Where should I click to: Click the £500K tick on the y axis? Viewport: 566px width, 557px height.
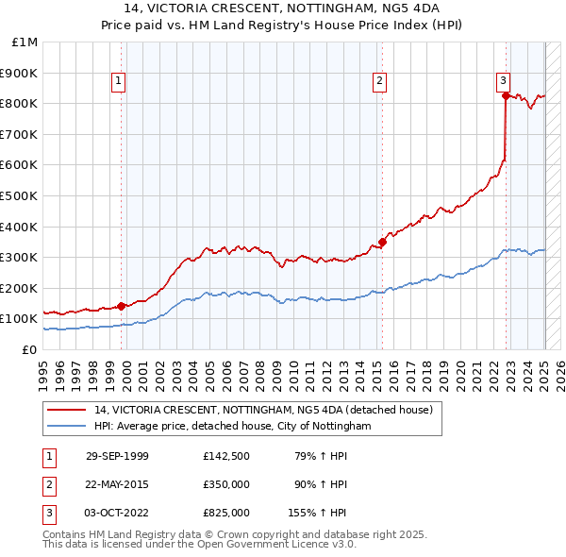point(21,195)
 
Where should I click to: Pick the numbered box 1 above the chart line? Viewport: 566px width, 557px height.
point(119,82)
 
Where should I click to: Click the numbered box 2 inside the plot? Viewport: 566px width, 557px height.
point(379,82)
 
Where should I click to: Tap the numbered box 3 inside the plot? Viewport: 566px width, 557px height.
point(504,82)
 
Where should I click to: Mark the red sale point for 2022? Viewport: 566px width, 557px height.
point(507,95)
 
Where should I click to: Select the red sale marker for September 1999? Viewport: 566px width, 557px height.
point(122,306)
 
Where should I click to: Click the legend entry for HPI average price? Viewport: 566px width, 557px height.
point(233,427)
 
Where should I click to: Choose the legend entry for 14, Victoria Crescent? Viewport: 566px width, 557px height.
point(263,410)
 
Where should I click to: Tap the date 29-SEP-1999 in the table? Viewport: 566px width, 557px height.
point(117,456)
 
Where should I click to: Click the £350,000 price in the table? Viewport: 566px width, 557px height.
point(226,484)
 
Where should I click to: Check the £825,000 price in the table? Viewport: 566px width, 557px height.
point(226,513)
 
